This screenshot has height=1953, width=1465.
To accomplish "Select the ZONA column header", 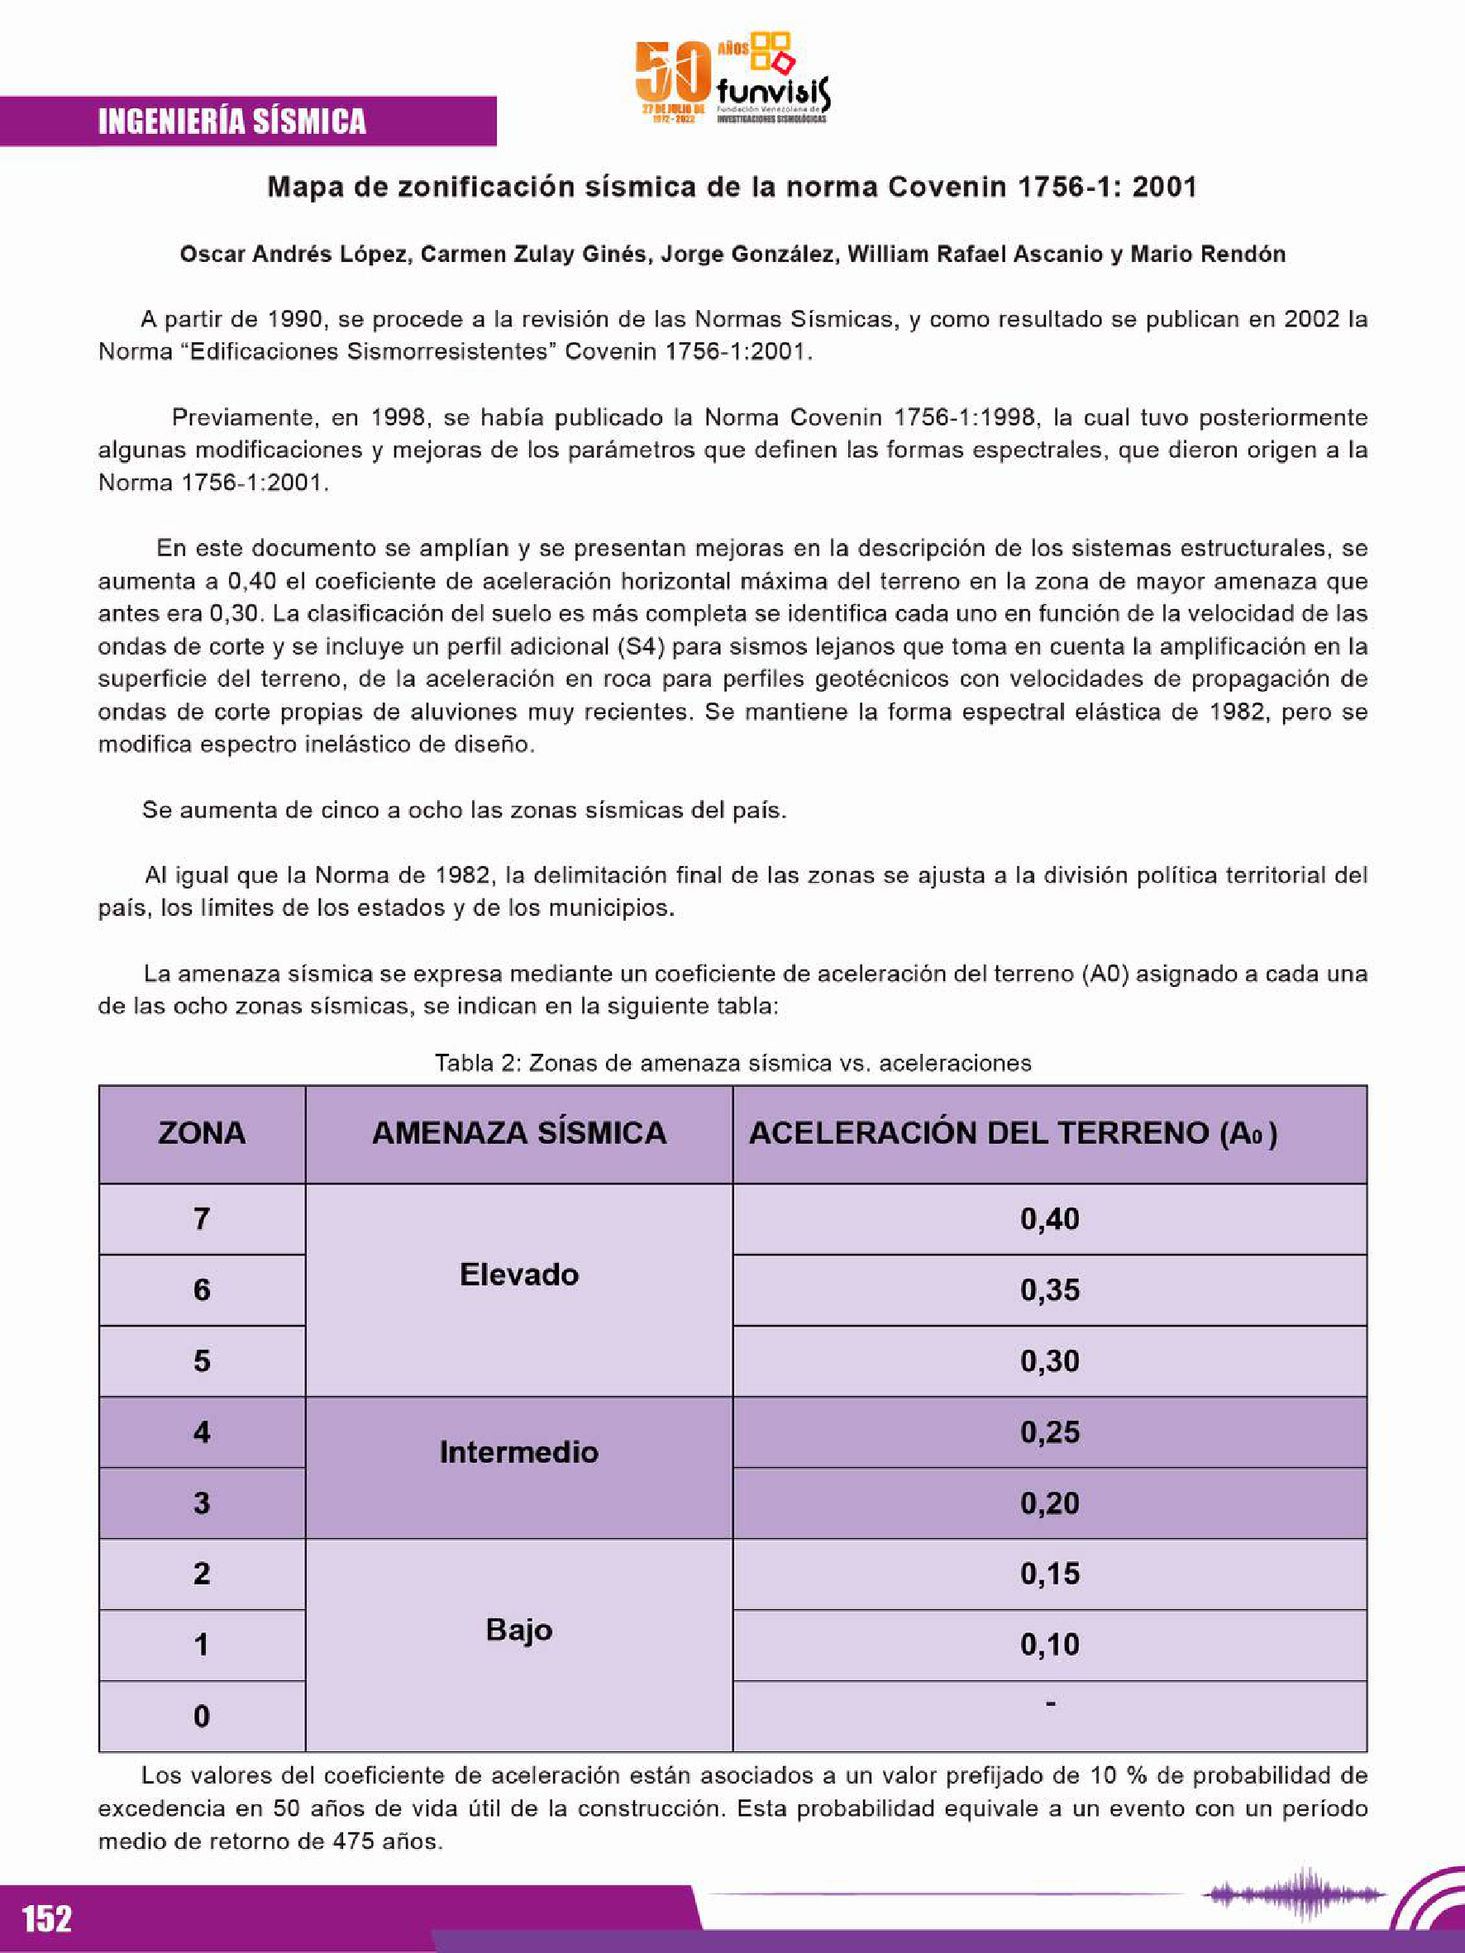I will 202,1133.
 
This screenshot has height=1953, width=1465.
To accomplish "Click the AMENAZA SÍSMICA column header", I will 519,1133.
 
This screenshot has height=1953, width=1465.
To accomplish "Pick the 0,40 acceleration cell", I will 1049,1219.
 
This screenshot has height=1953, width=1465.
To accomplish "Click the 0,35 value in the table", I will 1049,1290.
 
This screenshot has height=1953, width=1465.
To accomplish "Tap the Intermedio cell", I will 519,1451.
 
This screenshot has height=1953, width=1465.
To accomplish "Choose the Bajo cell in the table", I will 519,1629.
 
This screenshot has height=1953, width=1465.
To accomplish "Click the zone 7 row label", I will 202,1219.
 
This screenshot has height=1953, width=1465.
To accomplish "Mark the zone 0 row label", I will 202,1717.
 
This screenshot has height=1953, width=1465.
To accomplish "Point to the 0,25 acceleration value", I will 1049,1432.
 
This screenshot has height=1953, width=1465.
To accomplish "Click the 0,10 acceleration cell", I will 1049,1644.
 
